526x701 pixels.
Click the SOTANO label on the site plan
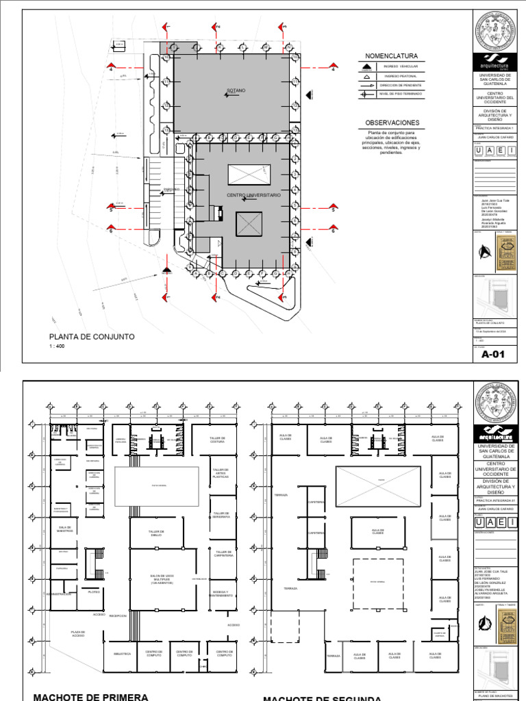point(236,90)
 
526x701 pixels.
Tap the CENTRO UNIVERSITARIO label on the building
point(254,195)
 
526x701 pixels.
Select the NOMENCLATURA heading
point(391,55)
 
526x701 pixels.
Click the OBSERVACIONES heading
point(392,123)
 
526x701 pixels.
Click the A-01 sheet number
point(493,355)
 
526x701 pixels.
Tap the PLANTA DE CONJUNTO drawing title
point(91,337)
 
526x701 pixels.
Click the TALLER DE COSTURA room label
point(218,439)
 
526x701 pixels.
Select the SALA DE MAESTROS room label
point(65,528)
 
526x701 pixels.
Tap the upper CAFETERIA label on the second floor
point(316,501)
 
